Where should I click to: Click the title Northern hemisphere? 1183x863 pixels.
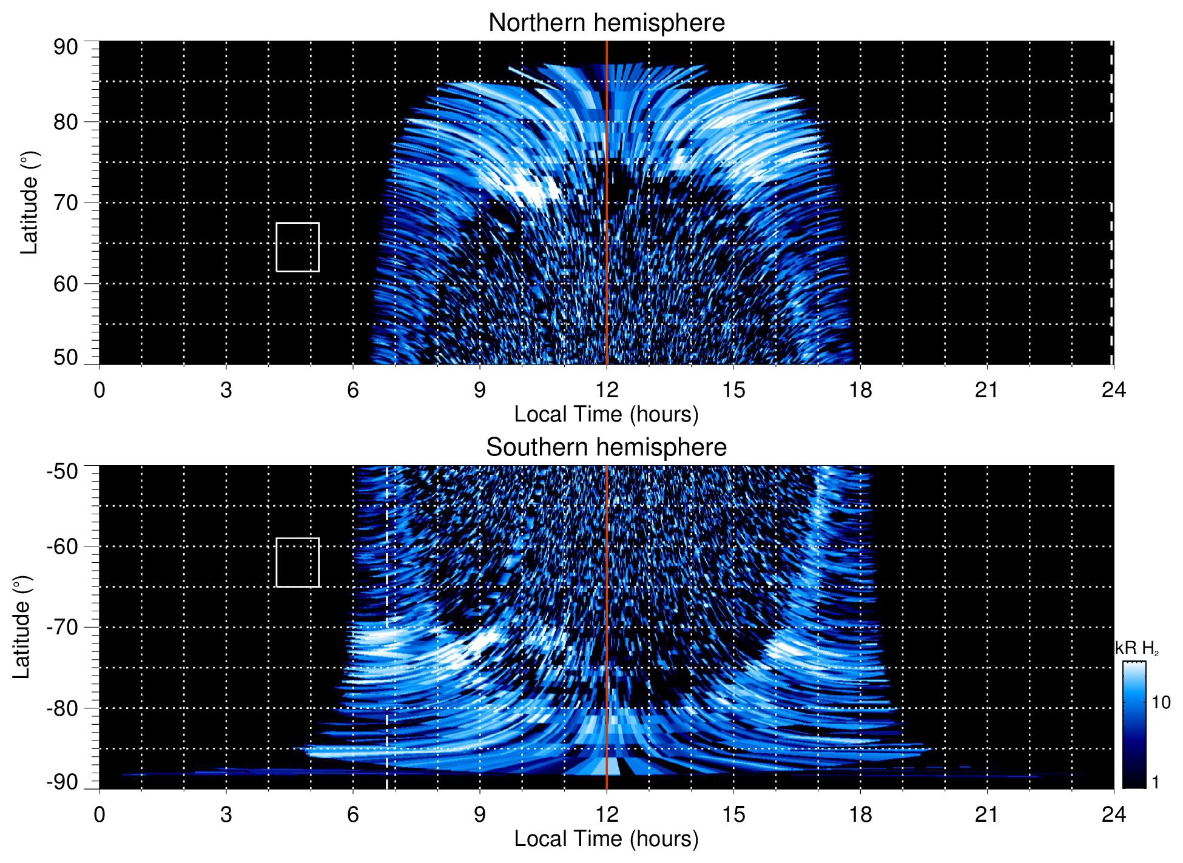[606, 23]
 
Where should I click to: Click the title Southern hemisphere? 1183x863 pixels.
[606, 448]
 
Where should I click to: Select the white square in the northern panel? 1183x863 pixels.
[297, 247]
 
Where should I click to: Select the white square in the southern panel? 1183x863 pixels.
[297, 562]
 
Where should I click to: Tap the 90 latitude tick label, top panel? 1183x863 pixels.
[66, 47]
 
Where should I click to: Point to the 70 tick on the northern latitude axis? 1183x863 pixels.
[66, 203]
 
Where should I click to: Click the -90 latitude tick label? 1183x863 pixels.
[62, 782]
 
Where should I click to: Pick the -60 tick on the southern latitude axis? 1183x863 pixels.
[62, 546]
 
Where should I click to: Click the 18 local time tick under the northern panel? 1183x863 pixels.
[860, 390]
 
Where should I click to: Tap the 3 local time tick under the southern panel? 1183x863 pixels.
[226, 814]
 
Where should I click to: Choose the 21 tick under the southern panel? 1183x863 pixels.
[986, 814]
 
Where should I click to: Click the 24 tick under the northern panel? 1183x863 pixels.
[1113, 390]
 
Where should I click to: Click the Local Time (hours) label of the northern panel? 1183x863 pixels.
[606, 414]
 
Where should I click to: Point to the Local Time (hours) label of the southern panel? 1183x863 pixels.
[606, 839]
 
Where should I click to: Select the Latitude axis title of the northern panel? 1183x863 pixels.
[29, 203]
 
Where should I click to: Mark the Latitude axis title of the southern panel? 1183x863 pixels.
[22, 627]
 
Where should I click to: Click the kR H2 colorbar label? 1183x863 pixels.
[1136, 648]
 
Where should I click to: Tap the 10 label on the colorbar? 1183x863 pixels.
[1161, 702]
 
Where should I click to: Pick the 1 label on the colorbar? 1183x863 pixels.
[1155, 782]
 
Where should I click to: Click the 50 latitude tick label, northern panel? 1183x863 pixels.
[66, 357]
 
